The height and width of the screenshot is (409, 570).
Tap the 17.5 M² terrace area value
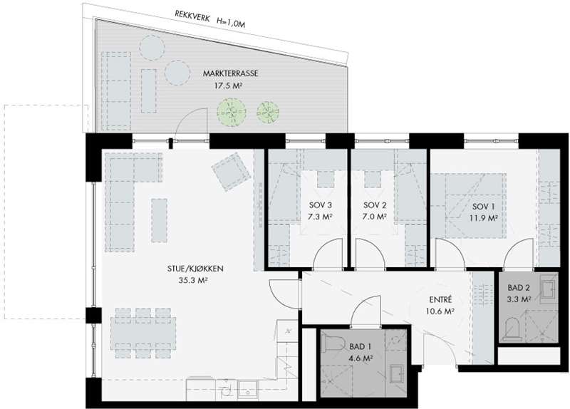229,86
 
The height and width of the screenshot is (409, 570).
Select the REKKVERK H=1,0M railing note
209,19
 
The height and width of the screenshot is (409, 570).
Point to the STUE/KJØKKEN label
195,269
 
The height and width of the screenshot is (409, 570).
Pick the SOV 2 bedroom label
375,205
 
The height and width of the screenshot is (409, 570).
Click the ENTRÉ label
440,300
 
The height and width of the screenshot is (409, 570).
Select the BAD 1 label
361,347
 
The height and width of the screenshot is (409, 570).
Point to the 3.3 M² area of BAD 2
519,299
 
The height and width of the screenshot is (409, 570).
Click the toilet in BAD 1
334,343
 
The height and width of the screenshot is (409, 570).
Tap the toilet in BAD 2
512,328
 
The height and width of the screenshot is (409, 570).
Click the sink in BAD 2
548,289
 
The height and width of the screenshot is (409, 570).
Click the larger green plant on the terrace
231,112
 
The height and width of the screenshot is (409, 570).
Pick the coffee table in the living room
159,220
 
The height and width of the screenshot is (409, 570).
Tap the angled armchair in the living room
232,172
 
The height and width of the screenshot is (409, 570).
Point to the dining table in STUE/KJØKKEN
143,333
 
